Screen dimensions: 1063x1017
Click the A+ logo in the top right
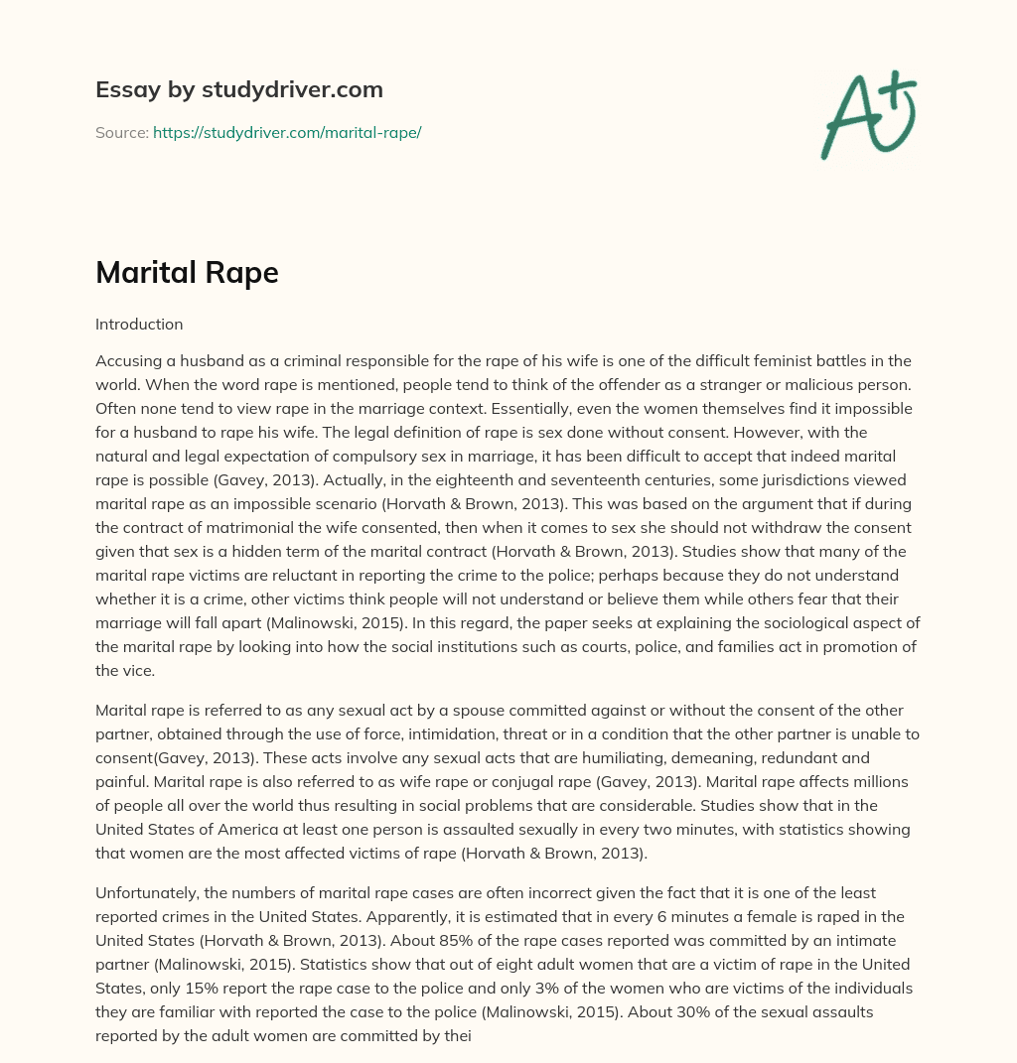click(868, 114)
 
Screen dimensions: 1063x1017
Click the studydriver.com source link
click(287, 132)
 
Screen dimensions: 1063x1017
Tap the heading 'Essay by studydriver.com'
click(239, 89)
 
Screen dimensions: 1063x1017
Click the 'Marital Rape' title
click(187, 272)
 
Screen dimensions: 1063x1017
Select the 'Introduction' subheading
click(139, 324)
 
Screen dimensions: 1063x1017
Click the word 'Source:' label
click(121, 132)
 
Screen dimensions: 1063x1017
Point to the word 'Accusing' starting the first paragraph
click(127, 360)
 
